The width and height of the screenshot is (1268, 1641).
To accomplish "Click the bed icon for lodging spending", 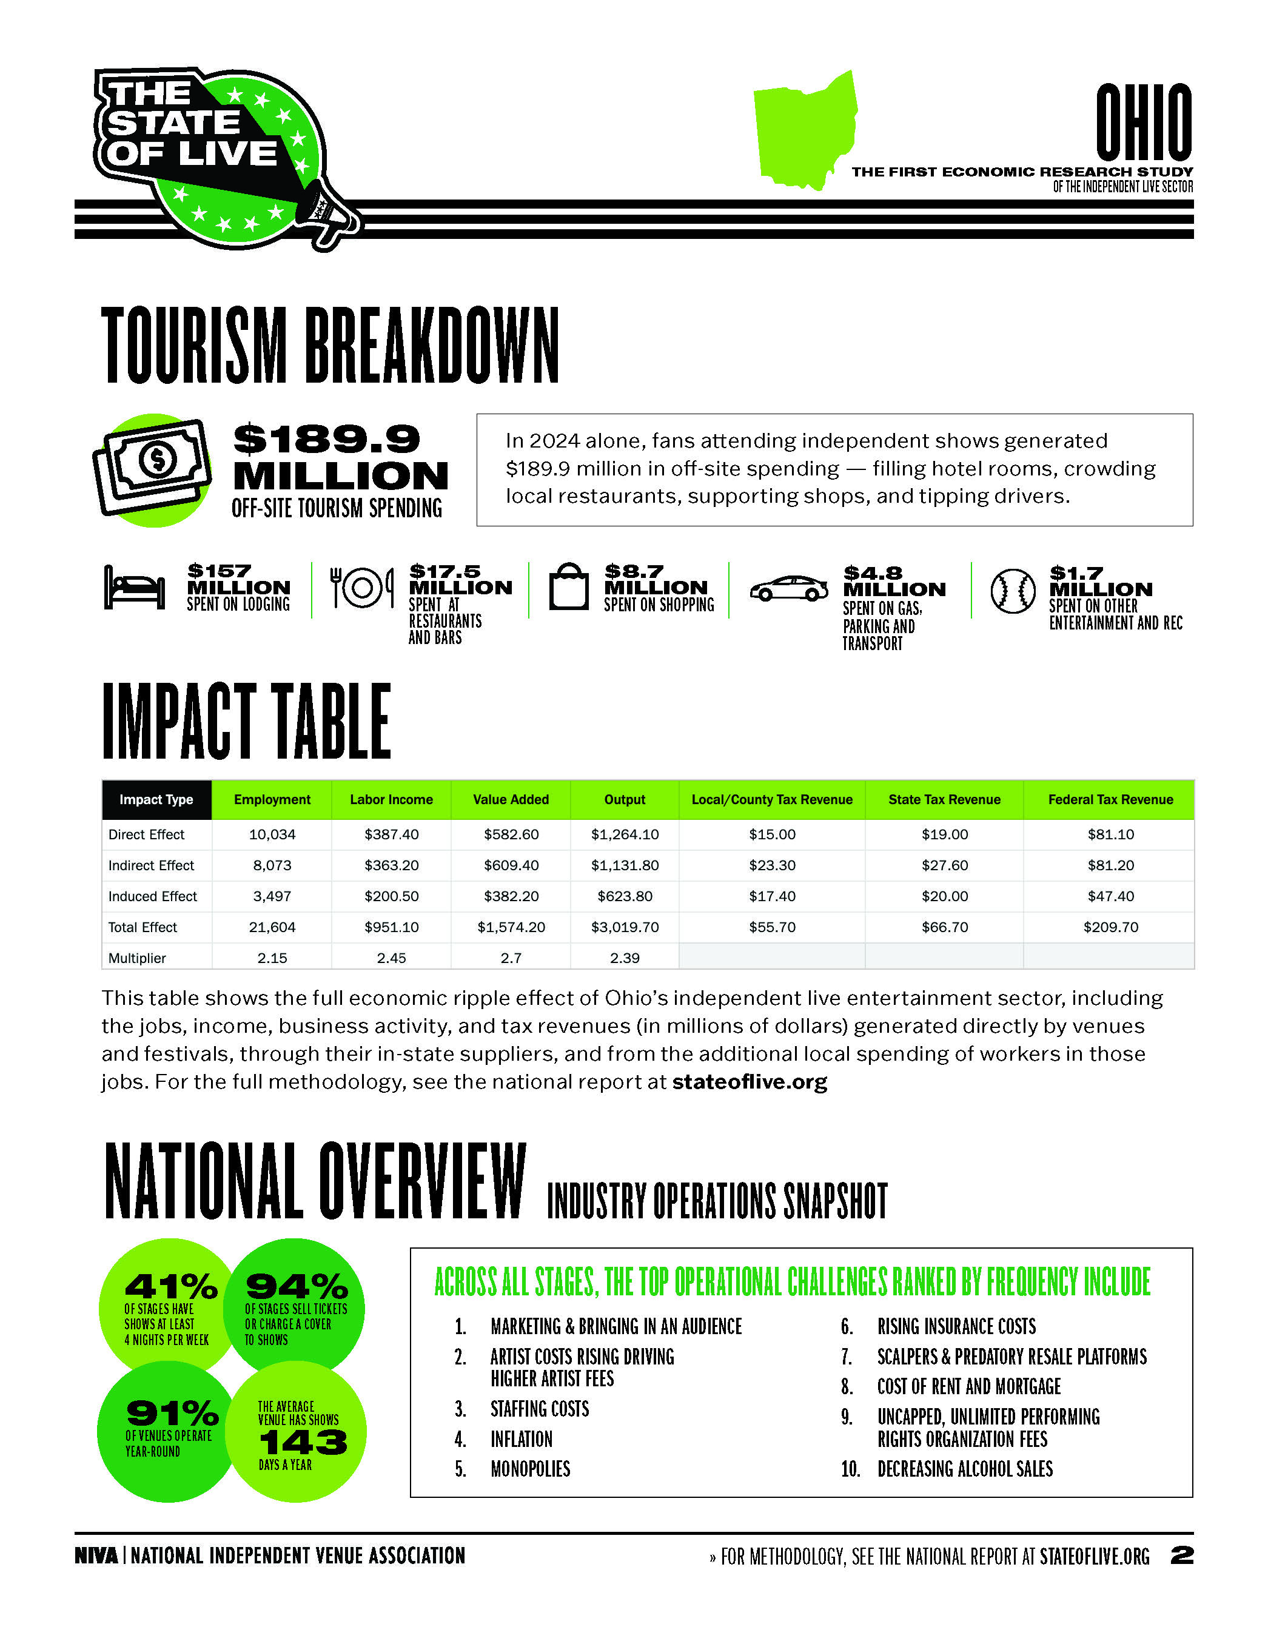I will [135, 588].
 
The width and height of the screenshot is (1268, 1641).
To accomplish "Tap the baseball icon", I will [1013, 591].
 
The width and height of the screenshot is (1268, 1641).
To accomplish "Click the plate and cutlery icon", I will [362, 588].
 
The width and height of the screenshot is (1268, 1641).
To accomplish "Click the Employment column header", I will [272, 799].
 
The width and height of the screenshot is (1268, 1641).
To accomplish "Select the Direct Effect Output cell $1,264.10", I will [624, 834].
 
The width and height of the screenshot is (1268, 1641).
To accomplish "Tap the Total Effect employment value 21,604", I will [272, 927].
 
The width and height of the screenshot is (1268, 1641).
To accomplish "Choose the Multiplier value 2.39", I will [624, 958].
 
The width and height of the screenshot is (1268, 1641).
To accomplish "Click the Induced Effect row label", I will [152, 896].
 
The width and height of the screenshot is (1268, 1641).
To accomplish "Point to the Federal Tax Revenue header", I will [1110, 799].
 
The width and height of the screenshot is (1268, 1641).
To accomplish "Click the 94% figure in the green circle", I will [297, 1286].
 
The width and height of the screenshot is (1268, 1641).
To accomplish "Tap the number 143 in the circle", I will [303, 1442].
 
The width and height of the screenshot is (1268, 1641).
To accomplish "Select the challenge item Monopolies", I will [531, 1469].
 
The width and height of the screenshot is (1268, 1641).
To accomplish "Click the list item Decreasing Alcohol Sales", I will [965, 1469].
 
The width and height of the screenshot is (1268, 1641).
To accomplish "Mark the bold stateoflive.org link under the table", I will [750, 1082].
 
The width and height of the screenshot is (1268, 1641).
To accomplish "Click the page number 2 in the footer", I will [1182, 1555].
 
